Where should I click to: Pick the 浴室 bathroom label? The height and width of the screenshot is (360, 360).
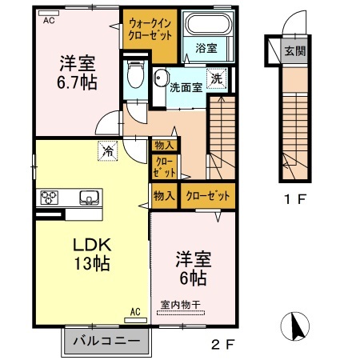coord(206,48)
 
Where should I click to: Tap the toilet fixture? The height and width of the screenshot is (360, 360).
coord(135,79)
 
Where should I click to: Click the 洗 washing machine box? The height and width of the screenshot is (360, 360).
coord(216,78)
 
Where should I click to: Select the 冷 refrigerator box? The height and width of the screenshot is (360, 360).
coord(106,148)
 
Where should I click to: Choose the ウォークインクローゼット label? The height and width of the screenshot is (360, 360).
coord(149,30)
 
